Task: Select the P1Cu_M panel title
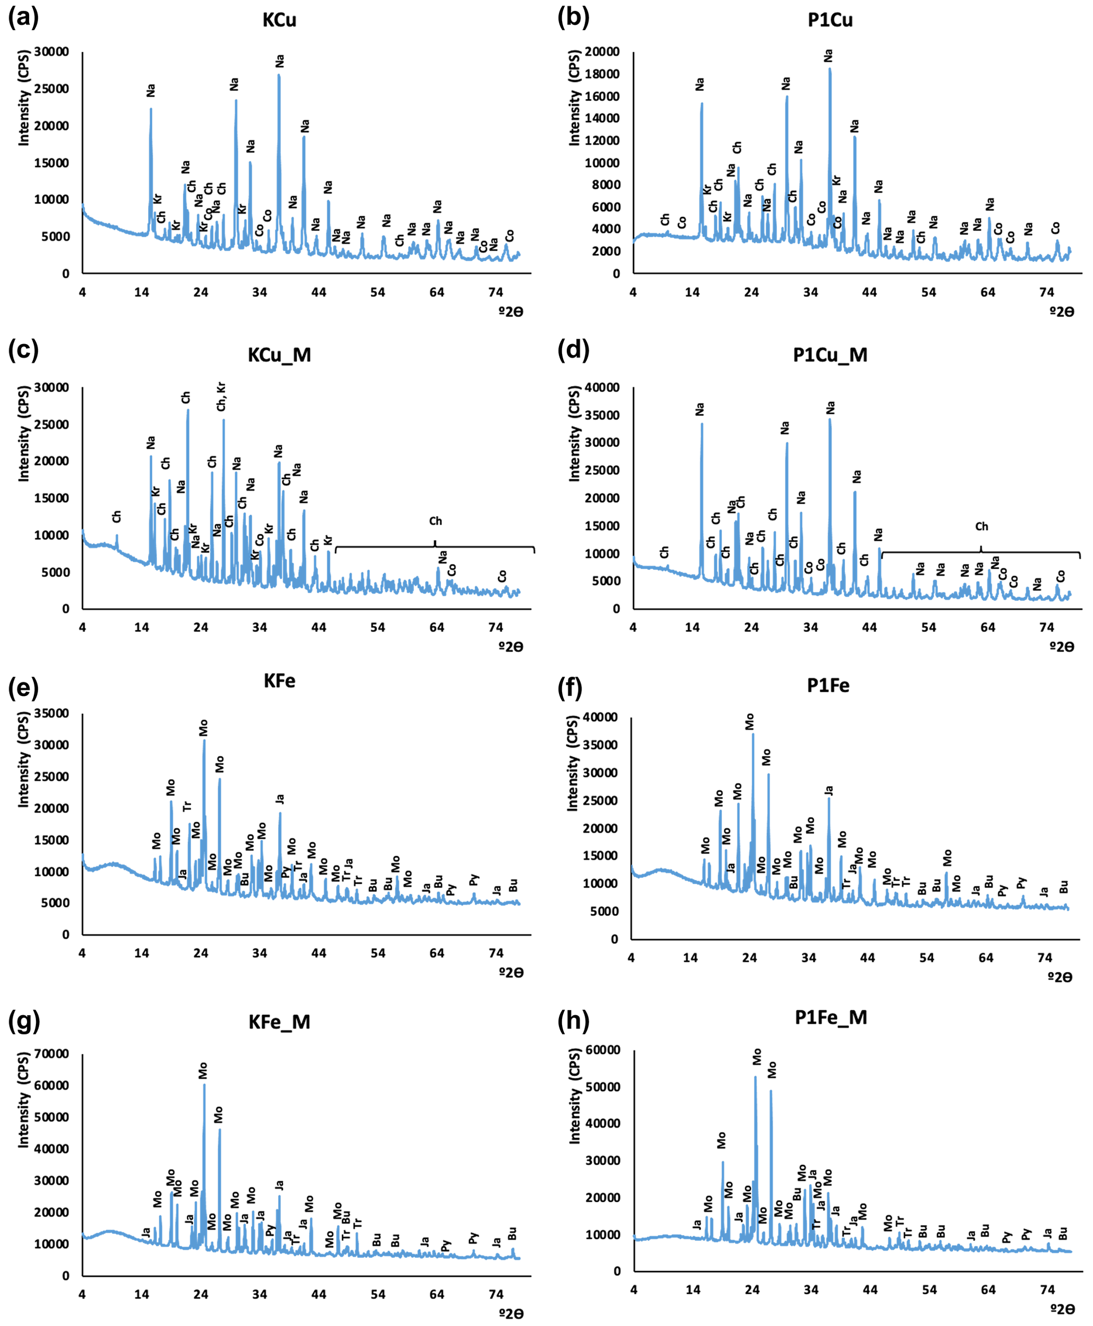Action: pyautogui.click(x=830, y=355)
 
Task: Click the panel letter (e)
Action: pyautogui.click(x=23, y=688)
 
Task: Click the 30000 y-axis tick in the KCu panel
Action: pyautogui.click(x=52, y=52)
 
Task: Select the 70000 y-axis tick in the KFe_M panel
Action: pyautogui.click(x=52, y=1054)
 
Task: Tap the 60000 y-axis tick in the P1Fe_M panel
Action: pyautogui.click(x=603, y=1050)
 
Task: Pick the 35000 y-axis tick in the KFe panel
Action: pyautogui.click(x=52, y=713)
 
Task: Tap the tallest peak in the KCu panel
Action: pyautogui.click(x=279, y=76)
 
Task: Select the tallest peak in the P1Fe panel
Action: pyautogui.click(x=753, y=735)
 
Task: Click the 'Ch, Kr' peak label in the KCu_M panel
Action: pyautogui.click(x=221, y=396)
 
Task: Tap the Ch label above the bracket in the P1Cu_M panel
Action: pyautogui.click(x=981, y=526)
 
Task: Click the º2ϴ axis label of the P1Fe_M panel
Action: pyautogui.click(x=1061, y=1309)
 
